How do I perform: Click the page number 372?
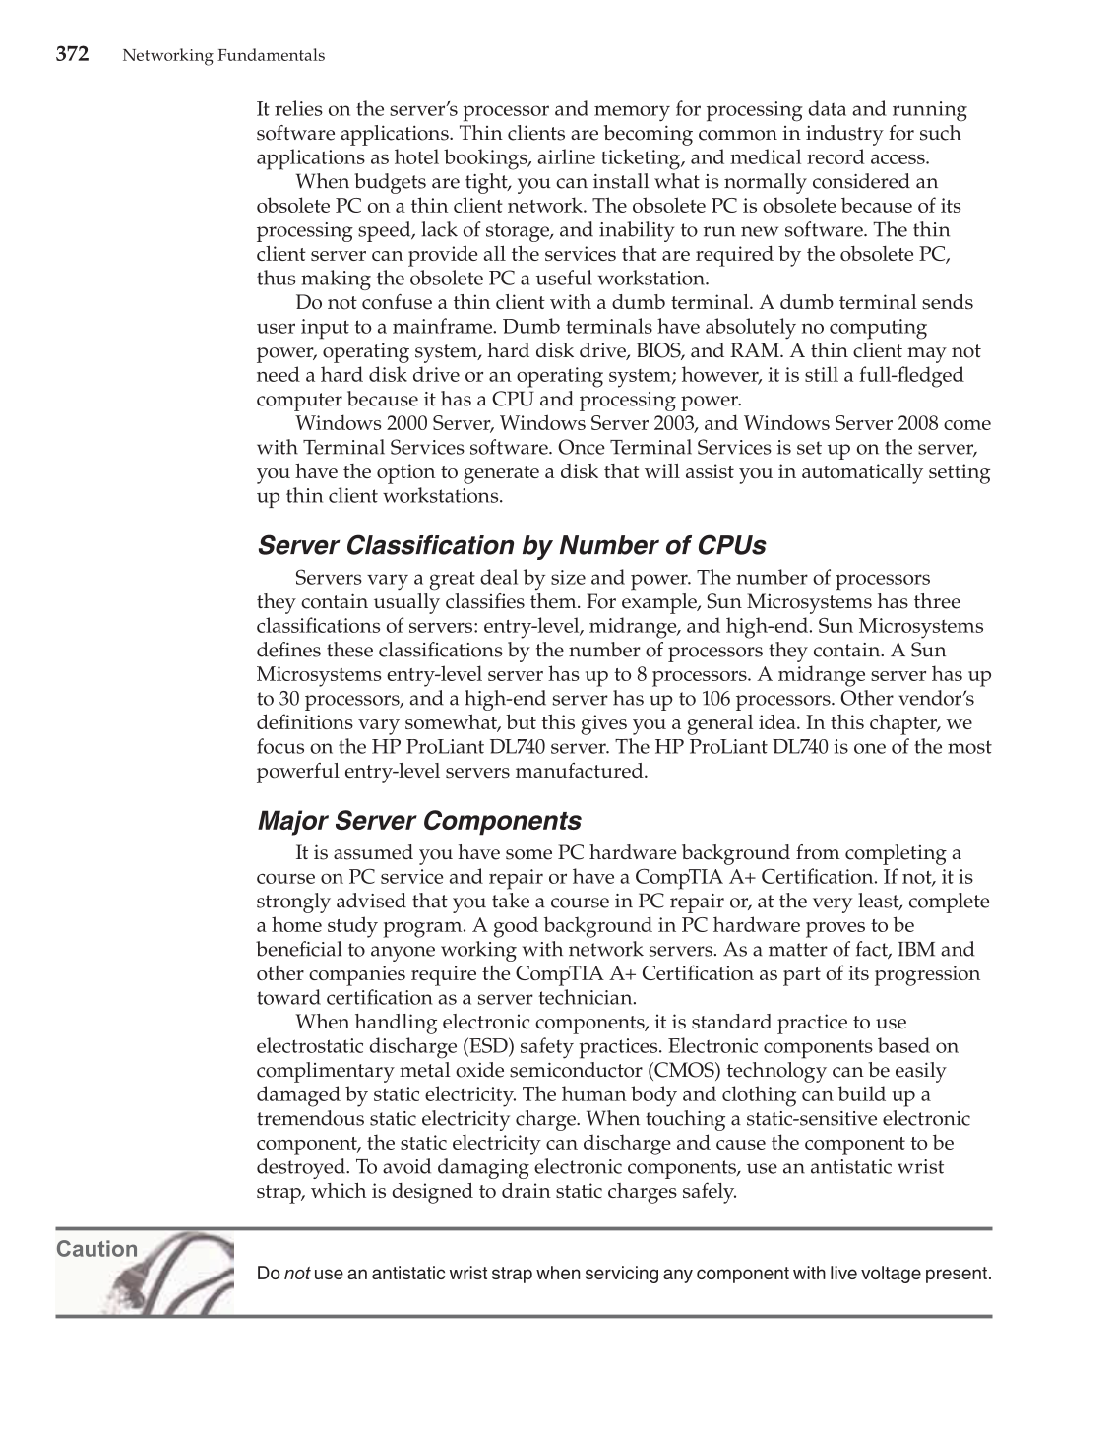(x=72, y=54)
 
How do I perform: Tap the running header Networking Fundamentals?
(x=223, y=56)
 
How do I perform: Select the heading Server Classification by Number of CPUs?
(x=511, y=545)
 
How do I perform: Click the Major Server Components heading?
(x=418, y=821)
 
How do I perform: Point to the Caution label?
(x=96, y=1249)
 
